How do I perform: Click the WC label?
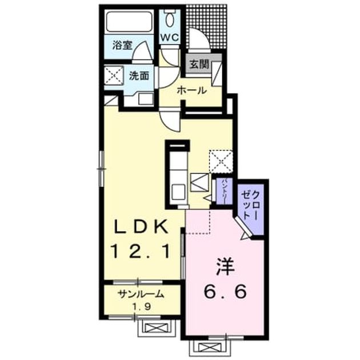pyautogui.click(x=170, y=37)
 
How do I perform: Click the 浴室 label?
pyautogui.click(x=122, y=45)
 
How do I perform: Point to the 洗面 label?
pyautogui.click(x=138, y=76)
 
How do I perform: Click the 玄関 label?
pyautogui.click(x=199, y=65)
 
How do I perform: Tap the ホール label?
pyautogui.click(x=192, y=91)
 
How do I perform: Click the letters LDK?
pyautogui.click(x=141, y=227)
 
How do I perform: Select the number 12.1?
pyautogui.click(x=141, y=251)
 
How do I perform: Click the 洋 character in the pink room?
pyautogui.click(x=225, y=267)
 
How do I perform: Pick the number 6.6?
pyautogui.click(x=225, y=291)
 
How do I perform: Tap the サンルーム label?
pyautogui.click(x=141, y=294)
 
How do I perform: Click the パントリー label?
pyautogui.click(x=225, y=191)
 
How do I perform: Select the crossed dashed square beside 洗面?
pyautogui.click(x=114, y=75)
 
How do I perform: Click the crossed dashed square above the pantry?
pyautogui.click(x=221, y=162)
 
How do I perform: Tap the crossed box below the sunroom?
pyautogui.click(x=157, y=329)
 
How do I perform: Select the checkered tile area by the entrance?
pyautogui.click(x=207, y=27)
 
